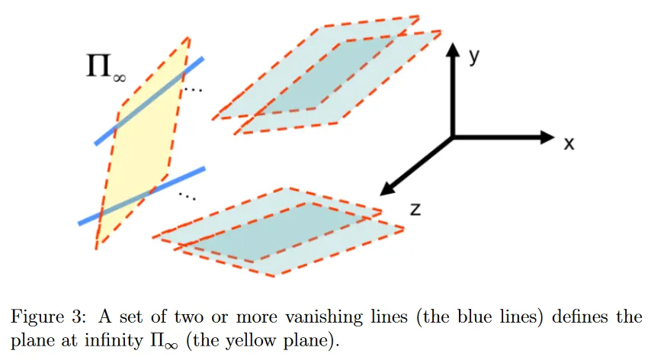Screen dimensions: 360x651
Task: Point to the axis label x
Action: (x=569, y=143)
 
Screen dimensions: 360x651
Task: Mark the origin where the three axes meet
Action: (x=453, y=137)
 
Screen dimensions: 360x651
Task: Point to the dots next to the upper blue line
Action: (x=194, y=89)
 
